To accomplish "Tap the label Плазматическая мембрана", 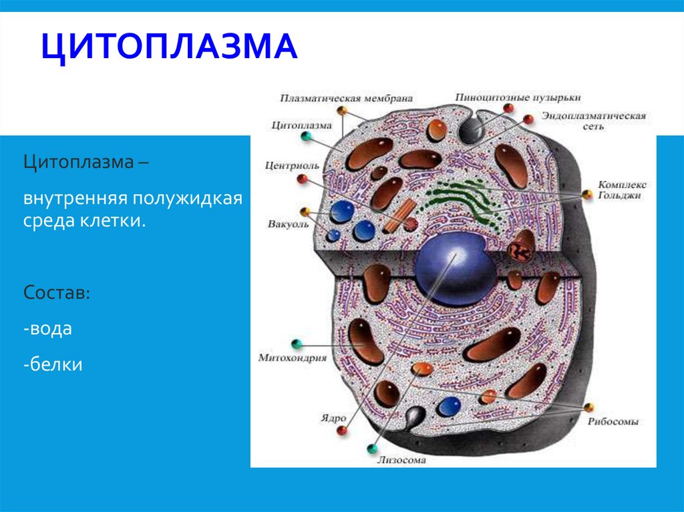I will tap(347, 97).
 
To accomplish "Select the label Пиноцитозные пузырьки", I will tap(518, 97).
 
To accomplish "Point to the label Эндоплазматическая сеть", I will tap(594, 120).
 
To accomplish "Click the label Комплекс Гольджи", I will tap(622, 189).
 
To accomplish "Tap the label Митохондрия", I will tap(292, 358).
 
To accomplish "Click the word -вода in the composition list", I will tap(47, 328).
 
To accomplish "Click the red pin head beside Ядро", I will tap(343, 431).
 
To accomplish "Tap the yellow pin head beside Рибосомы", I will tap(588, 407).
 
